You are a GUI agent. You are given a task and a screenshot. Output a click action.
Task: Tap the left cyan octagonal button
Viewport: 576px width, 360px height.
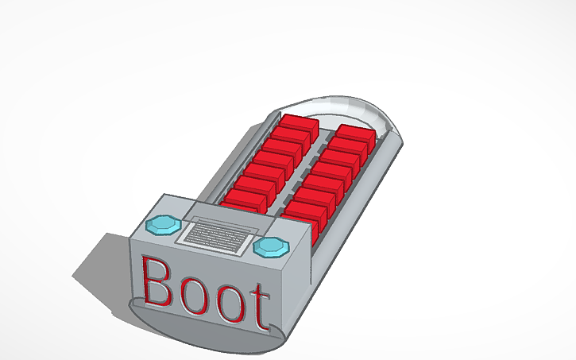point(165,224)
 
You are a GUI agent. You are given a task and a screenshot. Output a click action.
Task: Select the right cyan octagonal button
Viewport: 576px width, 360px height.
point(271,247)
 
